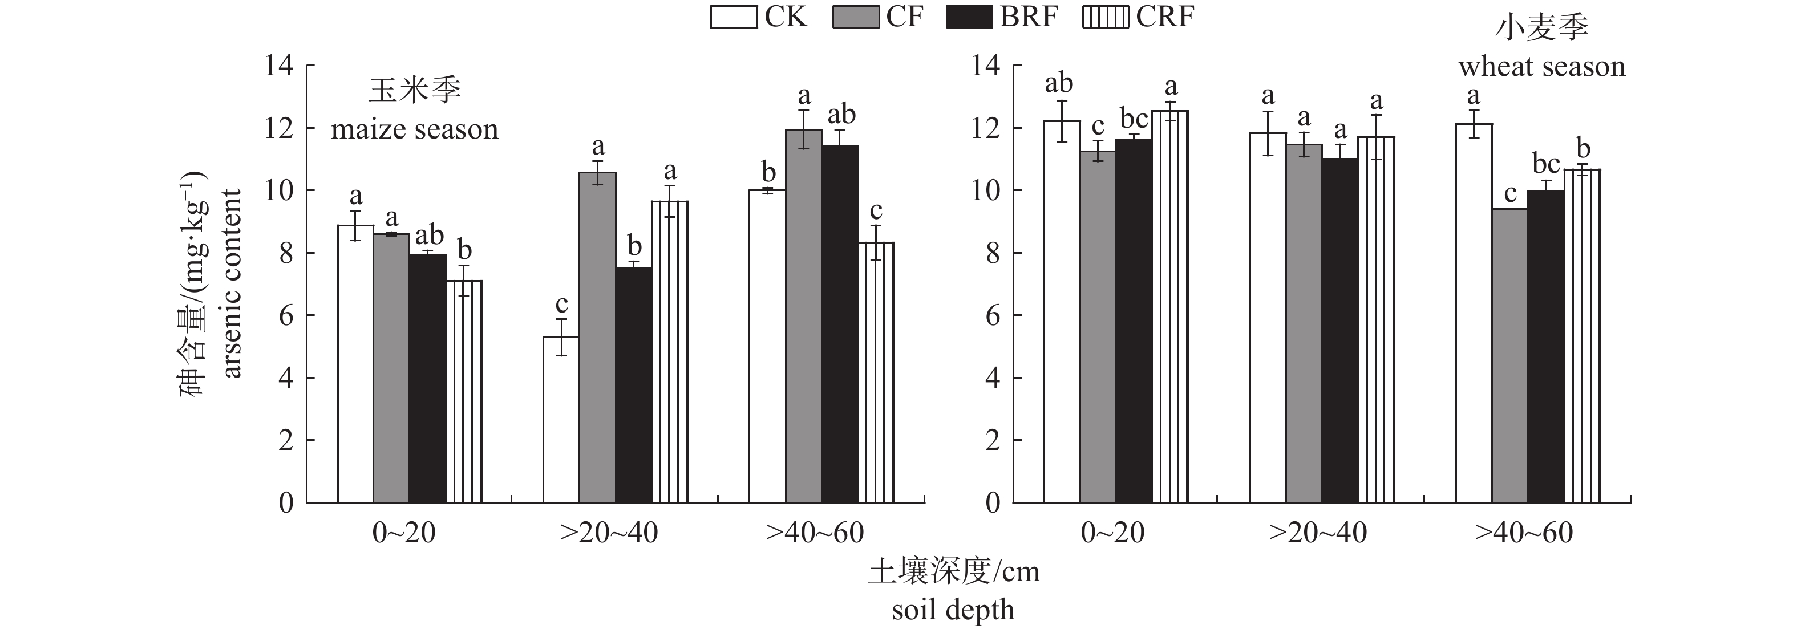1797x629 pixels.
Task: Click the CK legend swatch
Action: point(733,17)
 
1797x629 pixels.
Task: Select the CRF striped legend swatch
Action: point(1105,17)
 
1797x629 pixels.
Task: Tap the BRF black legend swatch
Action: point(969,17)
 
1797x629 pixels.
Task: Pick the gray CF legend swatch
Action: point(855,17)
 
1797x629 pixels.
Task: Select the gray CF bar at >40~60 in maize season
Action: point(804,316)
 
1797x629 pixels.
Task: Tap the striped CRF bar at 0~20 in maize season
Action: point(464,391)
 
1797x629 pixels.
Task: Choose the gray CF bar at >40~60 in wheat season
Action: point(1509,356)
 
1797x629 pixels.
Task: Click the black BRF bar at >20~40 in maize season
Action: point(633,385)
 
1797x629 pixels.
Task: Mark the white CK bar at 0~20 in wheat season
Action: point(1062,312)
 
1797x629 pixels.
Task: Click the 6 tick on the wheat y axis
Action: point(992,316)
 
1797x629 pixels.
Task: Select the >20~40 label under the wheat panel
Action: point(1317,533)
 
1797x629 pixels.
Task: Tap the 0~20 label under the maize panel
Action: point(404,533)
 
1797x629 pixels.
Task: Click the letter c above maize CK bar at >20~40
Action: point(561,305)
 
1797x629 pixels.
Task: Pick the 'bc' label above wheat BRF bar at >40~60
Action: point(1546,164)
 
